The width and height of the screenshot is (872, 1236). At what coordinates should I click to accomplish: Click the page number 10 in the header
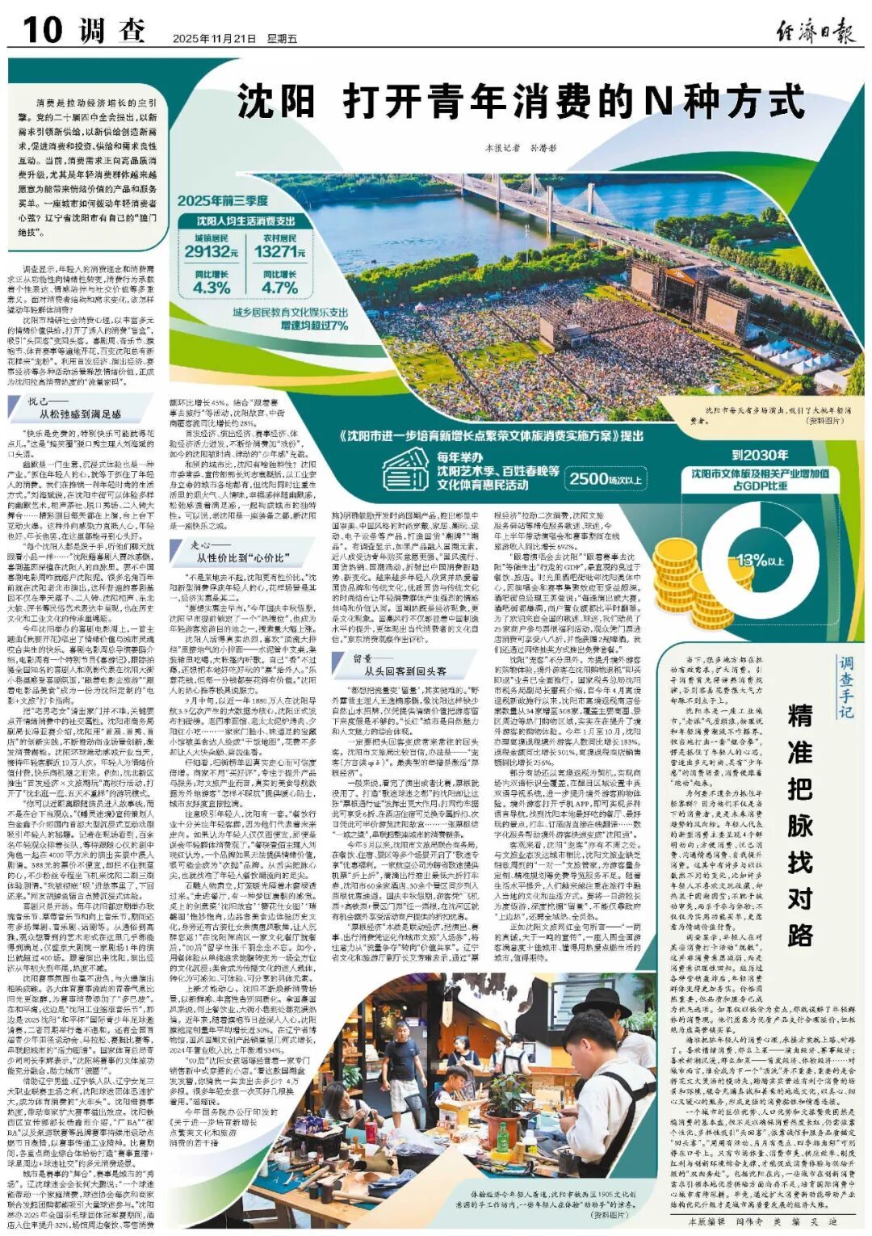(x=42, y=31)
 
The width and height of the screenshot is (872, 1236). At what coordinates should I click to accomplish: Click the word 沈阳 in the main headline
(x=275, y=103)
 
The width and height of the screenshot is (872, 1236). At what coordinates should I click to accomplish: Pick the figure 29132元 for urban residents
(x=211, y=252)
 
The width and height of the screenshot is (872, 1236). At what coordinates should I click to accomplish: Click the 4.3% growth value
(x=212, y=287)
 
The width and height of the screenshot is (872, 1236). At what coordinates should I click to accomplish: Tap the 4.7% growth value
(x=280, y=287)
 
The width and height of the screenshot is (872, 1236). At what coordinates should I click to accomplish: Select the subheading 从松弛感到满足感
(x=80, y=414)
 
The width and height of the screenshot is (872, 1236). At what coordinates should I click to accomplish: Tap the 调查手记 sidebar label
(x=845, y=687)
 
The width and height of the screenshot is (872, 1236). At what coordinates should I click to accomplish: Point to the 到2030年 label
(x=759, y=455)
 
